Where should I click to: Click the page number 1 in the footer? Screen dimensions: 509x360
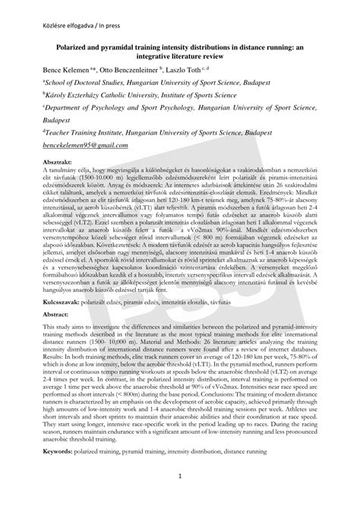point(180,498)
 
